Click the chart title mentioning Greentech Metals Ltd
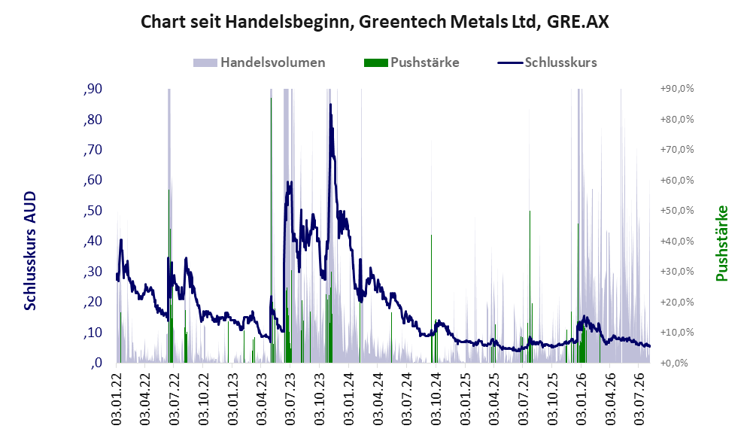[375, 22]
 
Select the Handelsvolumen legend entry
[260, 62]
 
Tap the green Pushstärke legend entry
[411, 62]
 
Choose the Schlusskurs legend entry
[547, 62]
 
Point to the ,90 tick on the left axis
[93, 89]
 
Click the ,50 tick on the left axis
[93, 211]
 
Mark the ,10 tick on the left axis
[93, 333]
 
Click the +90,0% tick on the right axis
[677, 89]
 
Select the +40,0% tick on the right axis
[677, 241]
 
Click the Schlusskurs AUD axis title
[29, 251]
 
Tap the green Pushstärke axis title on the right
[721, 244]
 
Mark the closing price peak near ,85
[330, 105]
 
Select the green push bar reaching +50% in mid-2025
[530, 287]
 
